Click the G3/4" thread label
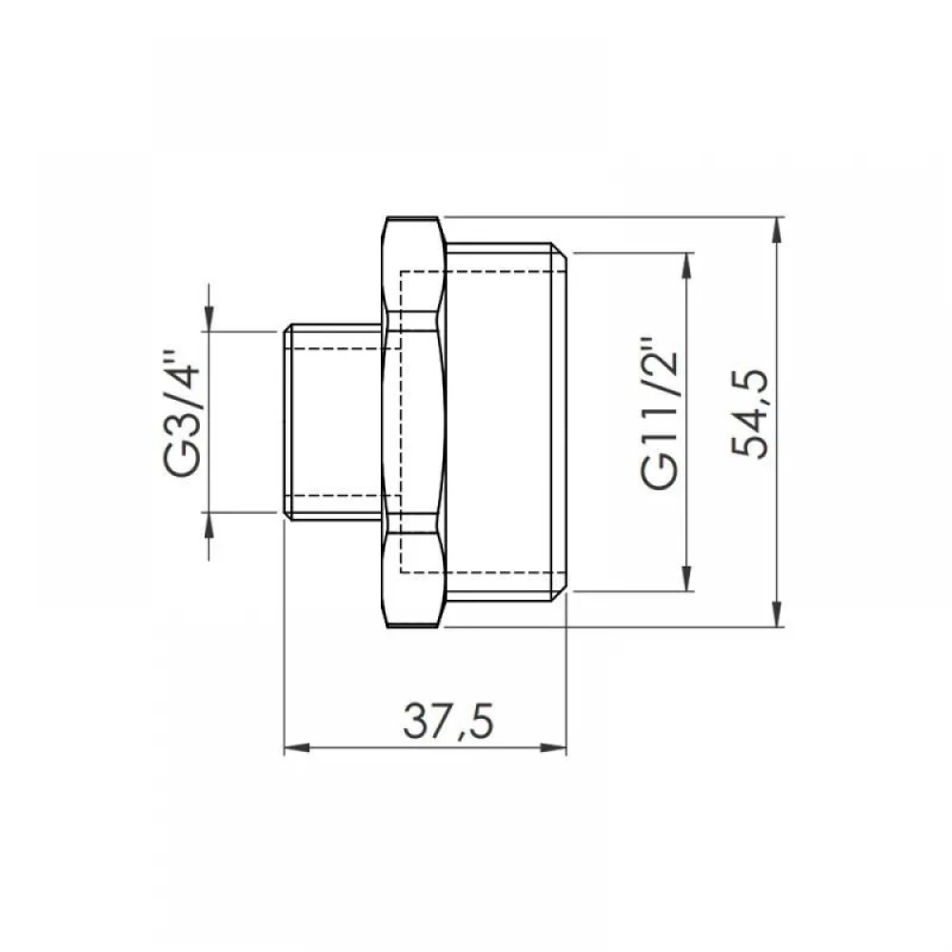[x=181, y=413]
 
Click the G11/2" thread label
[x=659, y=412]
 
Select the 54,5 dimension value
[x=749, y=413]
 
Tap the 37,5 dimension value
[x=448, y=722]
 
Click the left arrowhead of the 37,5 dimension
[x=297, y=747]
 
